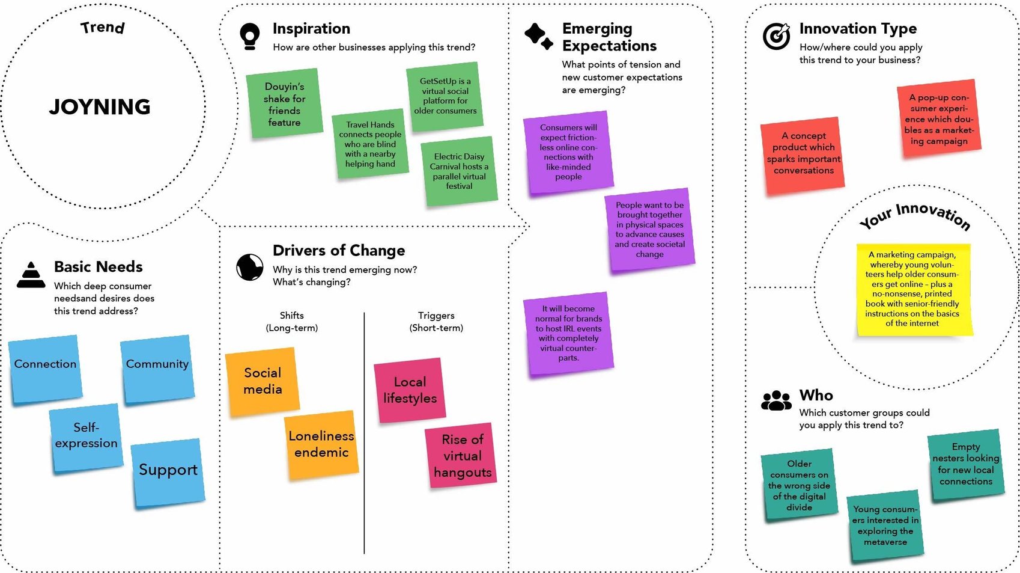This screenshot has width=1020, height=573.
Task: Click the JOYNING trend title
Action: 100,107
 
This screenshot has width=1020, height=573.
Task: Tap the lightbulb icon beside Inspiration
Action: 249,36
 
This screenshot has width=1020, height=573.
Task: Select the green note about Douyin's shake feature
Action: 284,103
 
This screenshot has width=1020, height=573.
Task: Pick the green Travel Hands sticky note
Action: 370,145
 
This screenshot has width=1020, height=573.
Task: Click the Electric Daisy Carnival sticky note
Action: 459,171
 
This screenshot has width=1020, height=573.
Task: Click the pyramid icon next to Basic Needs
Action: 31,275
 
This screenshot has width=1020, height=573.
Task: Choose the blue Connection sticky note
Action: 46,368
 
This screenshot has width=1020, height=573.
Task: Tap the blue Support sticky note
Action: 168,472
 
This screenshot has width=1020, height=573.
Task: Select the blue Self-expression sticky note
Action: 87,437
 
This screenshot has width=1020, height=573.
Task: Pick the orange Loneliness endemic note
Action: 321,445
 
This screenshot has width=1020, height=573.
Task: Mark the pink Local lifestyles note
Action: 410,390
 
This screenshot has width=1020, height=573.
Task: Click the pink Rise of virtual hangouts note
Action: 462,456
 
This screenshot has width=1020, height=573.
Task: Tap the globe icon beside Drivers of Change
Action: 250,267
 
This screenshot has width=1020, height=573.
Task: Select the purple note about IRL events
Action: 568,333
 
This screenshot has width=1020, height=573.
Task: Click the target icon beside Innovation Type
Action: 776,36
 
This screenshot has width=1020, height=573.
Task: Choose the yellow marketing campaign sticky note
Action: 912,290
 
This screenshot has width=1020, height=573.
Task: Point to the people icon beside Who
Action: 776,400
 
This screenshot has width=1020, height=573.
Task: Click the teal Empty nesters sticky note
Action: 966,464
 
